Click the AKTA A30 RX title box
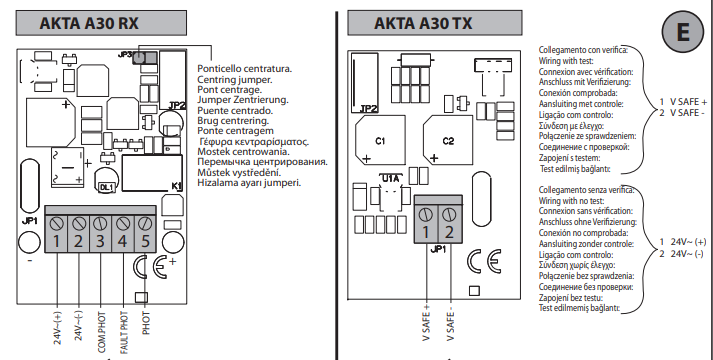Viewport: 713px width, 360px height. pos(101,23)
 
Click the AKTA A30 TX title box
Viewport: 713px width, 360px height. pos(435,23)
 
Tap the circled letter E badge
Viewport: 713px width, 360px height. pos(683,32)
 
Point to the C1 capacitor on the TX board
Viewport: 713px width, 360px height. pos(380,140)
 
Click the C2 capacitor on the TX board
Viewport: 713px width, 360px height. pos(448,140)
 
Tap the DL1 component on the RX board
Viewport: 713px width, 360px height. pos(105,187)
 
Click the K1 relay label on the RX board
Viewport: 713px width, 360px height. pos(176,185)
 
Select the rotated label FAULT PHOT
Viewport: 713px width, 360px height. pos(124,333)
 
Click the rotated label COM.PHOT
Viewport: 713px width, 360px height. pos(101,333)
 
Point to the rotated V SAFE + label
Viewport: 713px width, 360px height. pos(427,323)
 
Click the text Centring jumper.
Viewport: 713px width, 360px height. pos(235,80)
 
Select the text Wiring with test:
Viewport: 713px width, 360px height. pos(566,60)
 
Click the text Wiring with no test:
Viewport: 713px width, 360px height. pos(572,200)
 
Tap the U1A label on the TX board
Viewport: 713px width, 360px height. pos(390,179)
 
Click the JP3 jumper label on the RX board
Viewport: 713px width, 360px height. pos(125,55)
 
